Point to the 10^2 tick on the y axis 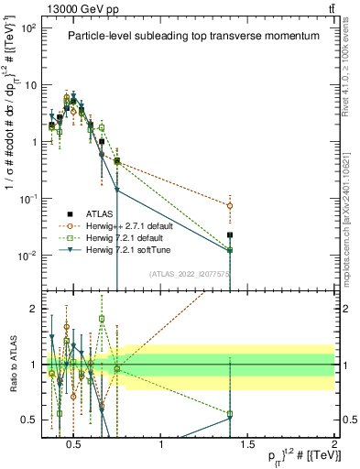tap(29, 28)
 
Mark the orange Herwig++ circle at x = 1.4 tap(230, 206)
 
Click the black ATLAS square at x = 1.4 tap(230, 235)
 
